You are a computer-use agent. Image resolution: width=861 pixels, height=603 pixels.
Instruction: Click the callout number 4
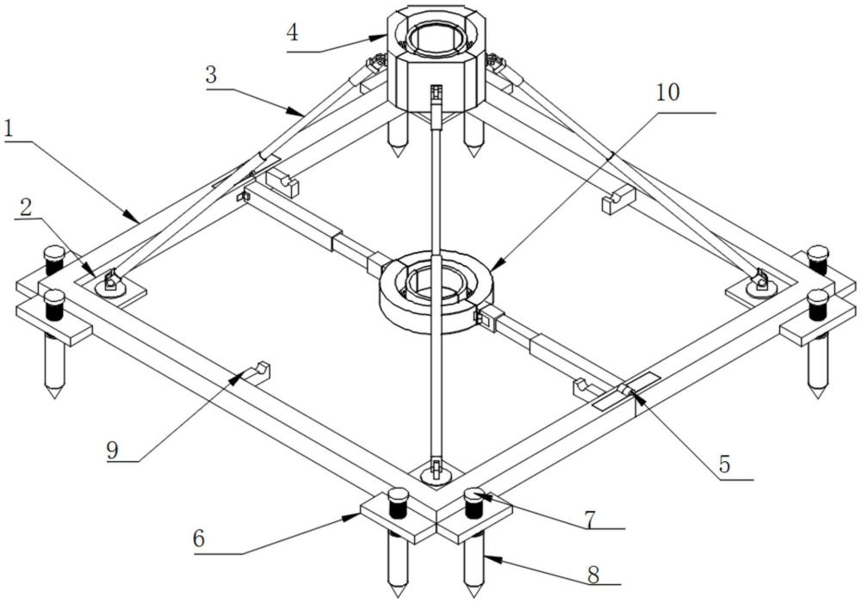(x=293, y=33)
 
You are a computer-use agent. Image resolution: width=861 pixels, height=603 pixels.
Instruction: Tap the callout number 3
(x=212, y=75)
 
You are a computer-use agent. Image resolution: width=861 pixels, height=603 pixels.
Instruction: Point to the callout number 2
(x=25, y=207)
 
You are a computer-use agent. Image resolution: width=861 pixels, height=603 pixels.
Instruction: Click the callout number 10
(x=668, y=92)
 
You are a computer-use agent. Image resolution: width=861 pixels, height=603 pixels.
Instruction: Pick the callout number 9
(x=113, y=451)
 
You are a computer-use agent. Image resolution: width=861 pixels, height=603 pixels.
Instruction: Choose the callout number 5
(x=725, y=465)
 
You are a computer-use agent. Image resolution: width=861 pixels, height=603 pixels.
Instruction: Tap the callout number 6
(x=199, y=538)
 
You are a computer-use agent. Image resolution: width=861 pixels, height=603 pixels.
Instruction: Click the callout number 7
(x=591, y=519)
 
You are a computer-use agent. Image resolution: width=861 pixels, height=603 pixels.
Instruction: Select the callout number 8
(x=593, y=574)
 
